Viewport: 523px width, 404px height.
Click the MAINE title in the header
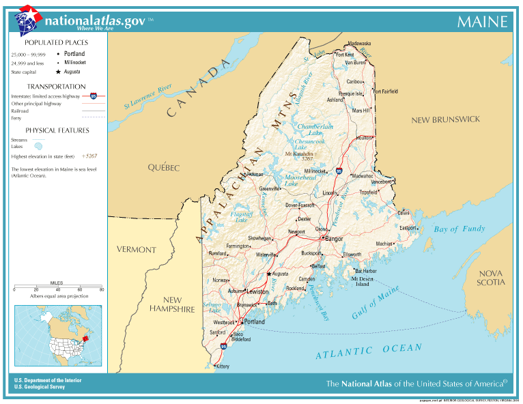click(482, 22)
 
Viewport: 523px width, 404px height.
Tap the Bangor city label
click(334, 240)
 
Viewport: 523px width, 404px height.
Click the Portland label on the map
click(254, 321)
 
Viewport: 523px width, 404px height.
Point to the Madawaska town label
click(358, 43)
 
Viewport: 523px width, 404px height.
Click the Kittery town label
click(223, 366)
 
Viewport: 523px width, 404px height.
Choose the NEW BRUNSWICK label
click(445, 119)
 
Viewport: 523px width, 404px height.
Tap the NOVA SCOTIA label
click(491, 277)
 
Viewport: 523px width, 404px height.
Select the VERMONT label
click(136, 250)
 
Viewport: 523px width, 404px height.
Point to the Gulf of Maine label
click(376, 304)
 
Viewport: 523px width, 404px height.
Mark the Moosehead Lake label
click(300, 180)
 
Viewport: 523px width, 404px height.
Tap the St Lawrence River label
click(147, 98)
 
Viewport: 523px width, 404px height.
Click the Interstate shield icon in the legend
click(93, 96)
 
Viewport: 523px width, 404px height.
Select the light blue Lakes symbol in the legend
click(40, 145)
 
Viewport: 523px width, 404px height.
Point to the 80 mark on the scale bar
click(102, 289)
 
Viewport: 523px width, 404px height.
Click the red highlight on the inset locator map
click(85, 337)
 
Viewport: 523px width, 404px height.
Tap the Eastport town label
click(408, 228)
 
